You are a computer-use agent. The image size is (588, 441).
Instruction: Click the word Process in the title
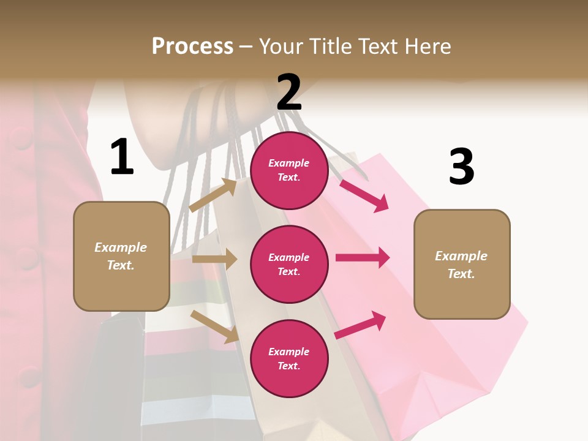point(192,47)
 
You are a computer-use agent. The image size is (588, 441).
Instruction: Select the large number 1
point(122,157)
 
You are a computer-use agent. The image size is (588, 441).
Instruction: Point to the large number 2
point(289,92)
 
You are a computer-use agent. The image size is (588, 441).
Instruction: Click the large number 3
point(461,167)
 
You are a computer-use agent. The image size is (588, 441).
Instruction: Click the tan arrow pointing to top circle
point(213,195)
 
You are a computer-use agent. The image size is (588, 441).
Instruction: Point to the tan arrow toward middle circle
point(214,259)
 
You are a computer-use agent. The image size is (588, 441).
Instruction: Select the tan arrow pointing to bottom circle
point(215,326)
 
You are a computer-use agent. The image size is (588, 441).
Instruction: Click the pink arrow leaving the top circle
point(364,195)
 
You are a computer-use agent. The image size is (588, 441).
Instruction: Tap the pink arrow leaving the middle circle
point(363,258)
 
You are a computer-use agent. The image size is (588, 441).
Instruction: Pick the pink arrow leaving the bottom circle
point(360,325)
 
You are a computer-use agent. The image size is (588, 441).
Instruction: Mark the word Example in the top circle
point(289,163)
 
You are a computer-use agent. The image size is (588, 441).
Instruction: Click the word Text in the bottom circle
point(288,366)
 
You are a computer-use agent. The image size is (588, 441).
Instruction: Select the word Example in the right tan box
point(461,256)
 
